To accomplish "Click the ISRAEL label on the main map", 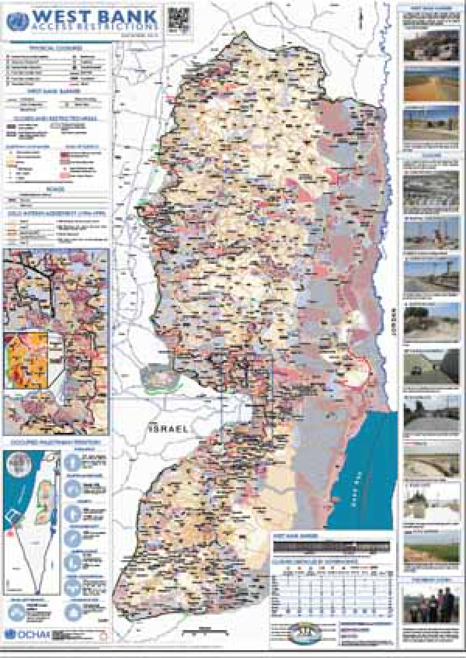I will [x=168, y=429].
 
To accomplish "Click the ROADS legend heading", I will [x=56, y=189].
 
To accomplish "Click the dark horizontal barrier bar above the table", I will [x=332, y=546].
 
